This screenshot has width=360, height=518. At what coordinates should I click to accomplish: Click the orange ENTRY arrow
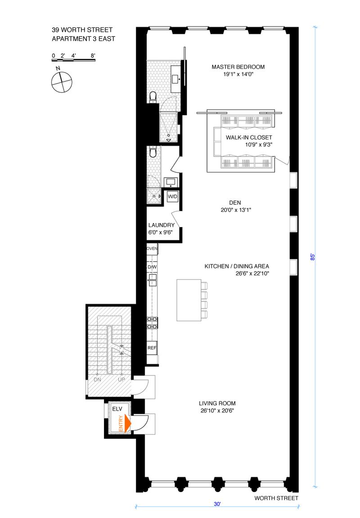[x=128, y=423]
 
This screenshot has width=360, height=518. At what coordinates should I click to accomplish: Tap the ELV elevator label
[x=117, y=409]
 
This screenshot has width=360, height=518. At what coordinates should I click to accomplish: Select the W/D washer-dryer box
[x=172, y=197]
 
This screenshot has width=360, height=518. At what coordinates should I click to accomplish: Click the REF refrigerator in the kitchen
[x=152, y=348]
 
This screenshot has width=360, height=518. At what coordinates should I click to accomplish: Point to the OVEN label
[x=152, y=248]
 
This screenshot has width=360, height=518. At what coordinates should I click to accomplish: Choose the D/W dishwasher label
[x=152, y=267]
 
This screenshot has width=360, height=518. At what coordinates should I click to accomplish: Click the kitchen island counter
[x=189, y=300]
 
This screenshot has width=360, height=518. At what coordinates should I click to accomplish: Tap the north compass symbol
[x=62, y=82]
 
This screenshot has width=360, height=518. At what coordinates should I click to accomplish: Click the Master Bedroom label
[x=238, y=67]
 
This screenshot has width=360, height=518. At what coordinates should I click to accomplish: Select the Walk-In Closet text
[x=249, y=138]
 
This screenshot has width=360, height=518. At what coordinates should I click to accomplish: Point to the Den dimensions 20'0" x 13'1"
[x=236, y=210]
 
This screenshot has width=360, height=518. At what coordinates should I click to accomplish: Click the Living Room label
[x=217, y=403]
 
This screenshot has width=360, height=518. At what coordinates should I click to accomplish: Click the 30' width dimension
[x=217, y=504]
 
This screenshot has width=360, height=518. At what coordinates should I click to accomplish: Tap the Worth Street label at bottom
[x=276, y=498]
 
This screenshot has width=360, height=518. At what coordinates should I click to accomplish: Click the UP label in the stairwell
[x=121, y=380]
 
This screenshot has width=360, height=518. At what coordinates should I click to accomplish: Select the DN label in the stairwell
[x=97, y=380]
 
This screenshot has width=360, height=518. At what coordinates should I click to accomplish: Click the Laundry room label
[x=161, y=225]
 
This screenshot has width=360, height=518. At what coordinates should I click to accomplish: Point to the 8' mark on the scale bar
[x=93, y=55]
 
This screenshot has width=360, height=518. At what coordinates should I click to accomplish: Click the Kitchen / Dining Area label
[x=237, y=266]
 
